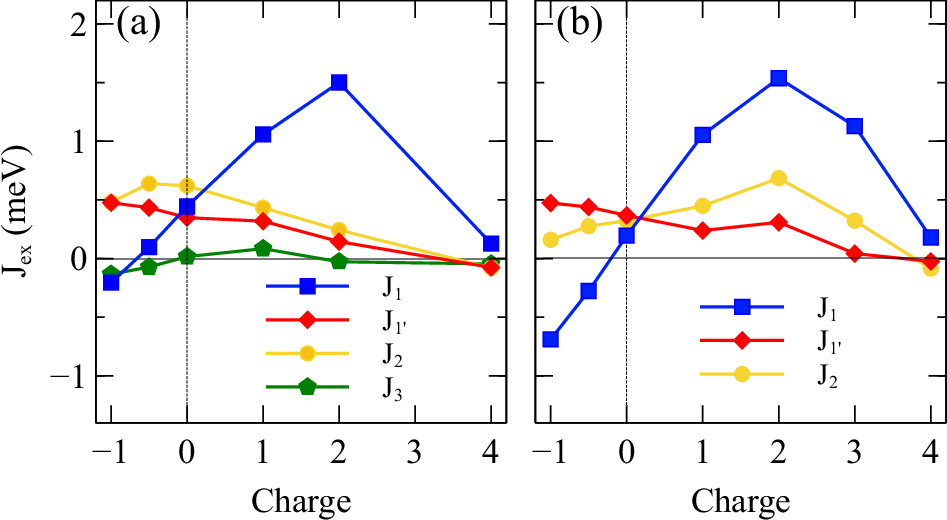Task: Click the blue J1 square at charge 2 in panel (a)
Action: click(x=339, y=83)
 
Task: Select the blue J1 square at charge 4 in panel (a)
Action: click(x=490, y=243)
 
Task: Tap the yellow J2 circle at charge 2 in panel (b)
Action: click(x=778, y=178)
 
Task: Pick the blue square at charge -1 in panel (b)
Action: click(x=549, y=339)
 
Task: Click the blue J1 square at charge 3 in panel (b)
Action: click(x=854, y=126)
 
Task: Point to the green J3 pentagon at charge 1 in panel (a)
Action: click(x=263, y=248)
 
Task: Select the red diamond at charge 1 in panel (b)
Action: click(x=702, y=231)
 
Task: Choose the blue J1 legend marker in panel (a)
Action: click(x=307, y=287)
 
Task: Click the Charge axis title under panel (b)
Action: click(x=741, y=498)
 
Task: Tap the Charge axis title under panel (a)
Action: click(x=301, y=498)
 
